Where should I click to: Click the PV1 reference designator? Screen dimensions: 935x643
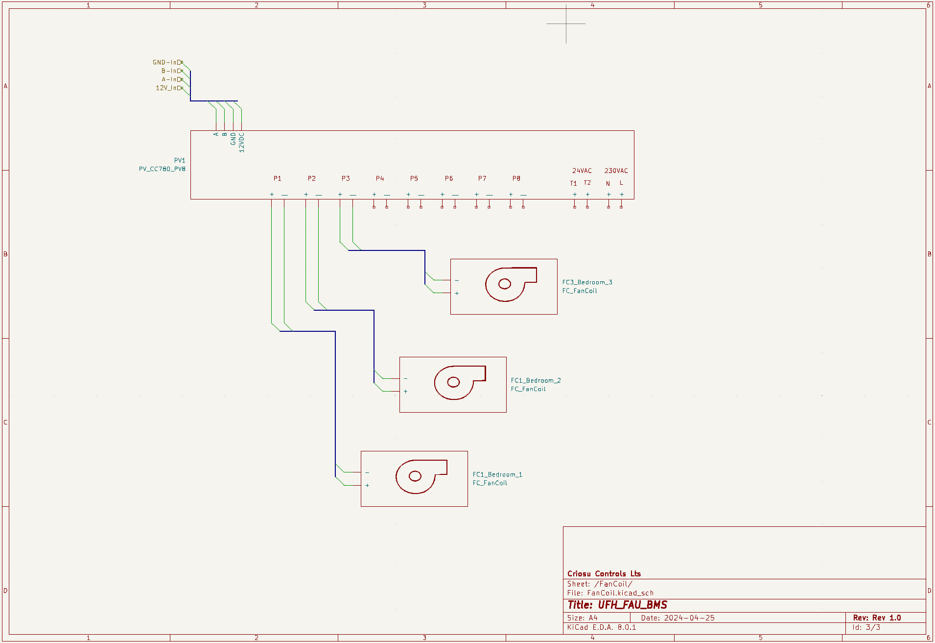(x=180, y=160)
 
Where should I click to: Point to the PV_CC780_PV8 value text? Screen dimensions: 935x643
(x=162, y=169)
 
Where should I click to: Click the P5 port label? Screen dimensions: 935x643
(x=414, y=178)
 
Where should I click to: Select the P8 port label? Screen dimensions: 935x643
(x=516, y=178)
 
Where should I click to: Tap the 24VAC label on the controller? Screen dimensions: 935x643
(x=582, y=171)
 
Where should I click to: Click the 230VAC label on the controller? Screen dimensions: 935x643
(x=616, y=171)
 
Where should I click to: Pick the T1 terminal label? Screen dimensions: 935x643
(x=574, y=183)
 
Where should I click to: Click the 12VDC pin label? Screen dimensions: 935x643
(x=241, y=142)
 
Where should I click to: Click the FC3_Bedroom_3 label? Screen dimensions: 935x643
(x=587, y=282)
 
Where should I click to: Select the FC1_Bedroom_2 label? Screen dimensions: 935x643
(x=536, y=380)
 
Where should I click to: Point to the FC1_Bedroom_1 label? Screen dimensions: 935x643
(x=497, y=474)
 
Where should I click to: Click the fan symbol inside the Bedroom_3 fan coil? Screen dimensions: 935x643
(x=511, y=284)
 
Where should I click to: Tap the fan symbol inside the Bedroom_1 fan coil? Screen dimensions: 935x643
(x=421, y=476)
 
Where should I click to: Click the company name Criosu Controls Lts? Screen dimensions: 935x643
(x=604, y=574)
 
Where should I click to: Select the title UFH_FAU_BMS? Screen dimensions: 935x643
(x=632, y=605)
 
